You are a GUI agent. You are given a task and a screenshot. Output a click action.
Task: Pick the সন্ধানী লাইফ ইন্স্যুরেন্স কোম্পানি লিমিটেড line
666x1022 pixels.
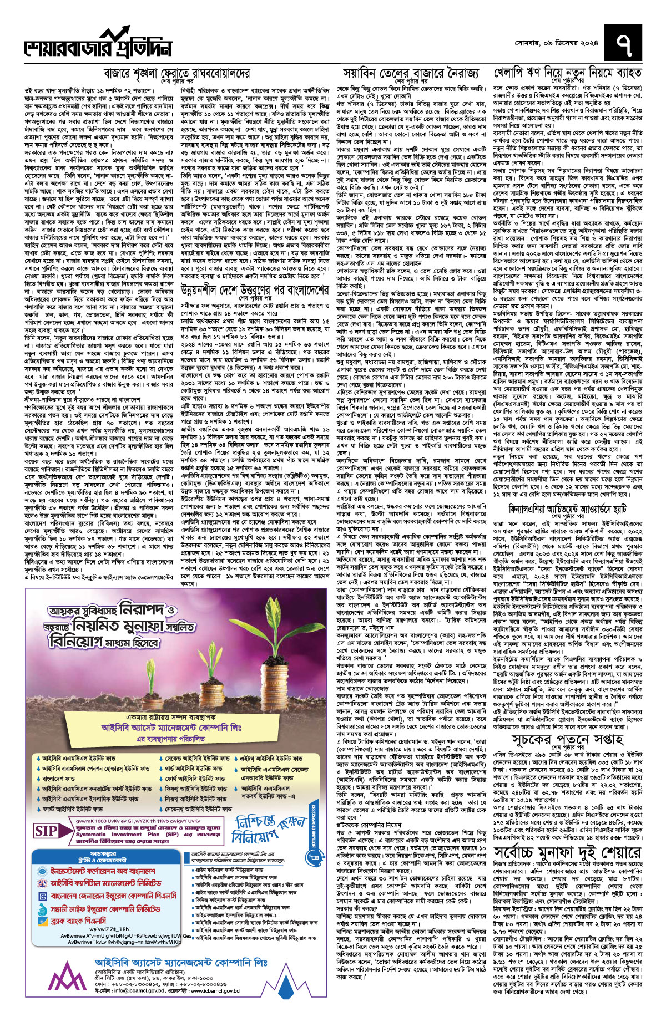pyautogui.click(x=105, y=909)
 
